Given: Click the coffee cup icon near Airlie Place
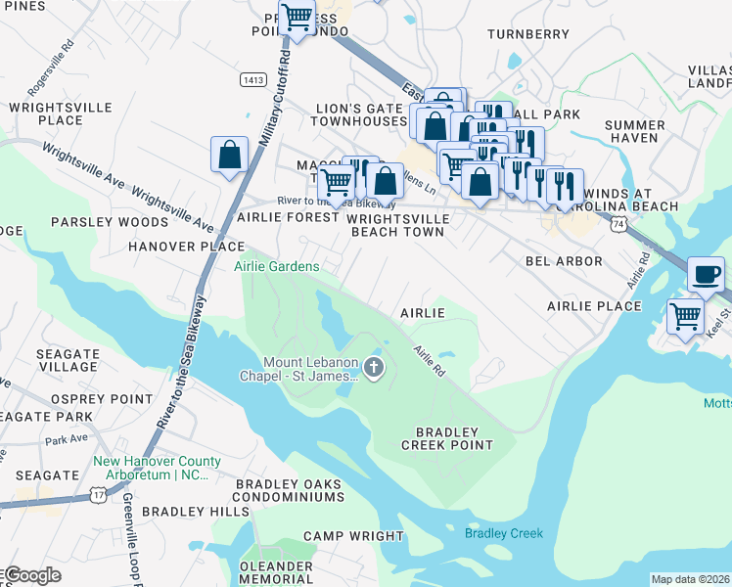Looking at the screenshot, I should pyautogui.click(x=706, y=274).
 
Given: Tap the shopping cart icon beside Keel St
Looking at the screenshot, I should pyautogui.click(x=685, y=316).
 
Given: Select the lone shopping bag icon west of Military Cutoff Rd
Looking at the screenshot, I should pyautogui.click(x=228, y=154).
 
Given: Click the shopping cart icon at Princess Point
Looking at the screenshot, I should pyautogui.click(x=297, y=18).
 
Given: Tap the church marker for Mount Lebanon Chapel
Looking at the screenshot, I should pyautogui.click(x=373, y=368).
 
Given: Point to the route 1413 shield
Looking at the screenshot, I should pyautogui.click(x=254, y=78).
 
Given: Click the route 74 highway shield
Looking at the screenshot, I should pyautogui.click(x=617, y=225).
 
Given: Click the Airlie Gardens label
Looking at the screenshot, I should pyautogui.click(x=276, y=266).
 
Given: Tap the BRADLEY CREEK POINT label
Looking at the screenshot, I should pyautogui.click(x=447, y=437).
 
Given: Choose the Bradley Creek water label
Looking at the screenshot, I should pyautogui.click(x=503, y=533).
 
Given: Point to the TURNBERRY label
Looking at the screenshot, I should pyautogui.click(x=527, y=34).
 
